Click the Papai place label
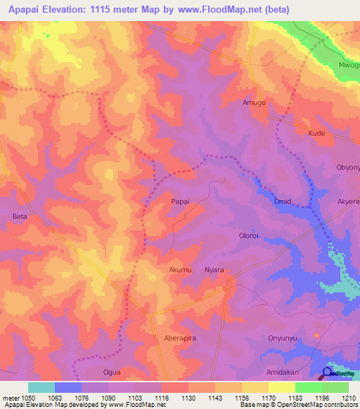tap(181, 201)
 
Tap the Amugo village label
tap(254, 103)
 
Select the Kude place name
tap(317, 133)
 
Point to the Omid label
tap(283, 202)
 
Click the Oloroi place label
tap(251, 236)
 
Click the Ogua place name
tap(112, 372)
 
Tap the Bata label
tap(20, 217)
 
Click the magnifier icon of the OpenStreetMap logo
tap(328, 373)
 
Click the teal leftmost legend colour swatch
tap(41, 387)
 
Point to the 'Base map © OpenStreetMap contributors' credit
tap(298, 405)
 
